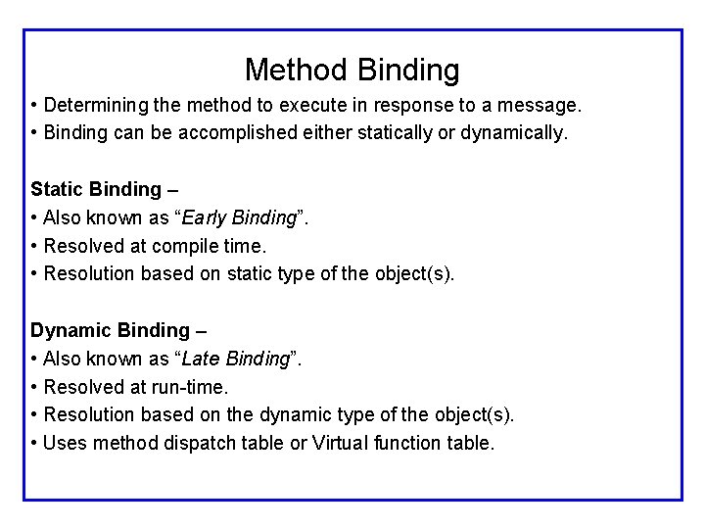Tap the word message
click(x=539, y=104)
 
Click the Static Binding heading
click(x=96, y=189)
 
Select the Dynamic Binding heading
click(x=110, y=330)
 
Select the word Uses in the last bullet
click(x=64, y=443)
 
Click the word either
click(x=326, y=132)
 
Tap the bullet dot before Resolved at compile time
click(x=34, y=246)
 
